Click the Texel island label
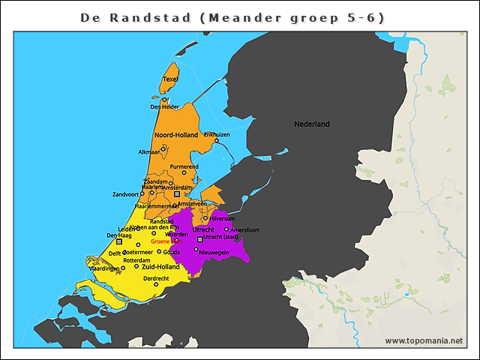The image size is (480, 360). coord(170,79)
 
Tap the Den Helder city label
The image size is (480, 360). coord(164,106)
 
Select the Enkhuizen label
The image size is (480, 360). coord(217,134)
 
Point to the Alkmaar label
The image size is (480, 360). coord(149,151)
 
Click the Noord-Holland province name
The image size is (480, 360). coord(175,135)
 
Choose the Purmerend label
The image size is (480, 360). coord(184,166)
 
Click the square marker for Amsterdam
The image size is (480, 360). coord(177,193)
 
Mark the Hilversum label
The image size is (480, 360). coord(220,218)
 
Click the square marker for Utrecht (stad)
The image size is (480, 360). coord(199,239)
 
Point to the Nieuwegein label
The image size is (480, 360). coord(213,252)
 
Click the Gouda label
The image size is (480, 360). coord(172,252)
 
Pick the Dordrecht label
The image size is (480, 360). coord(156,278)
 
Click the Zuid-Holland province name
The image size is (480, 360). coord(160,266)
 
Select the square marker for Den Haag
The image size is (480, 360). coord(118,242)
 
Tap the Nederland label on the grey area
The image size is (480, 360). coord(311,124)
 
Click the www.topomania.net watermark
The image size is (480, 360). coord(424,340)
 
